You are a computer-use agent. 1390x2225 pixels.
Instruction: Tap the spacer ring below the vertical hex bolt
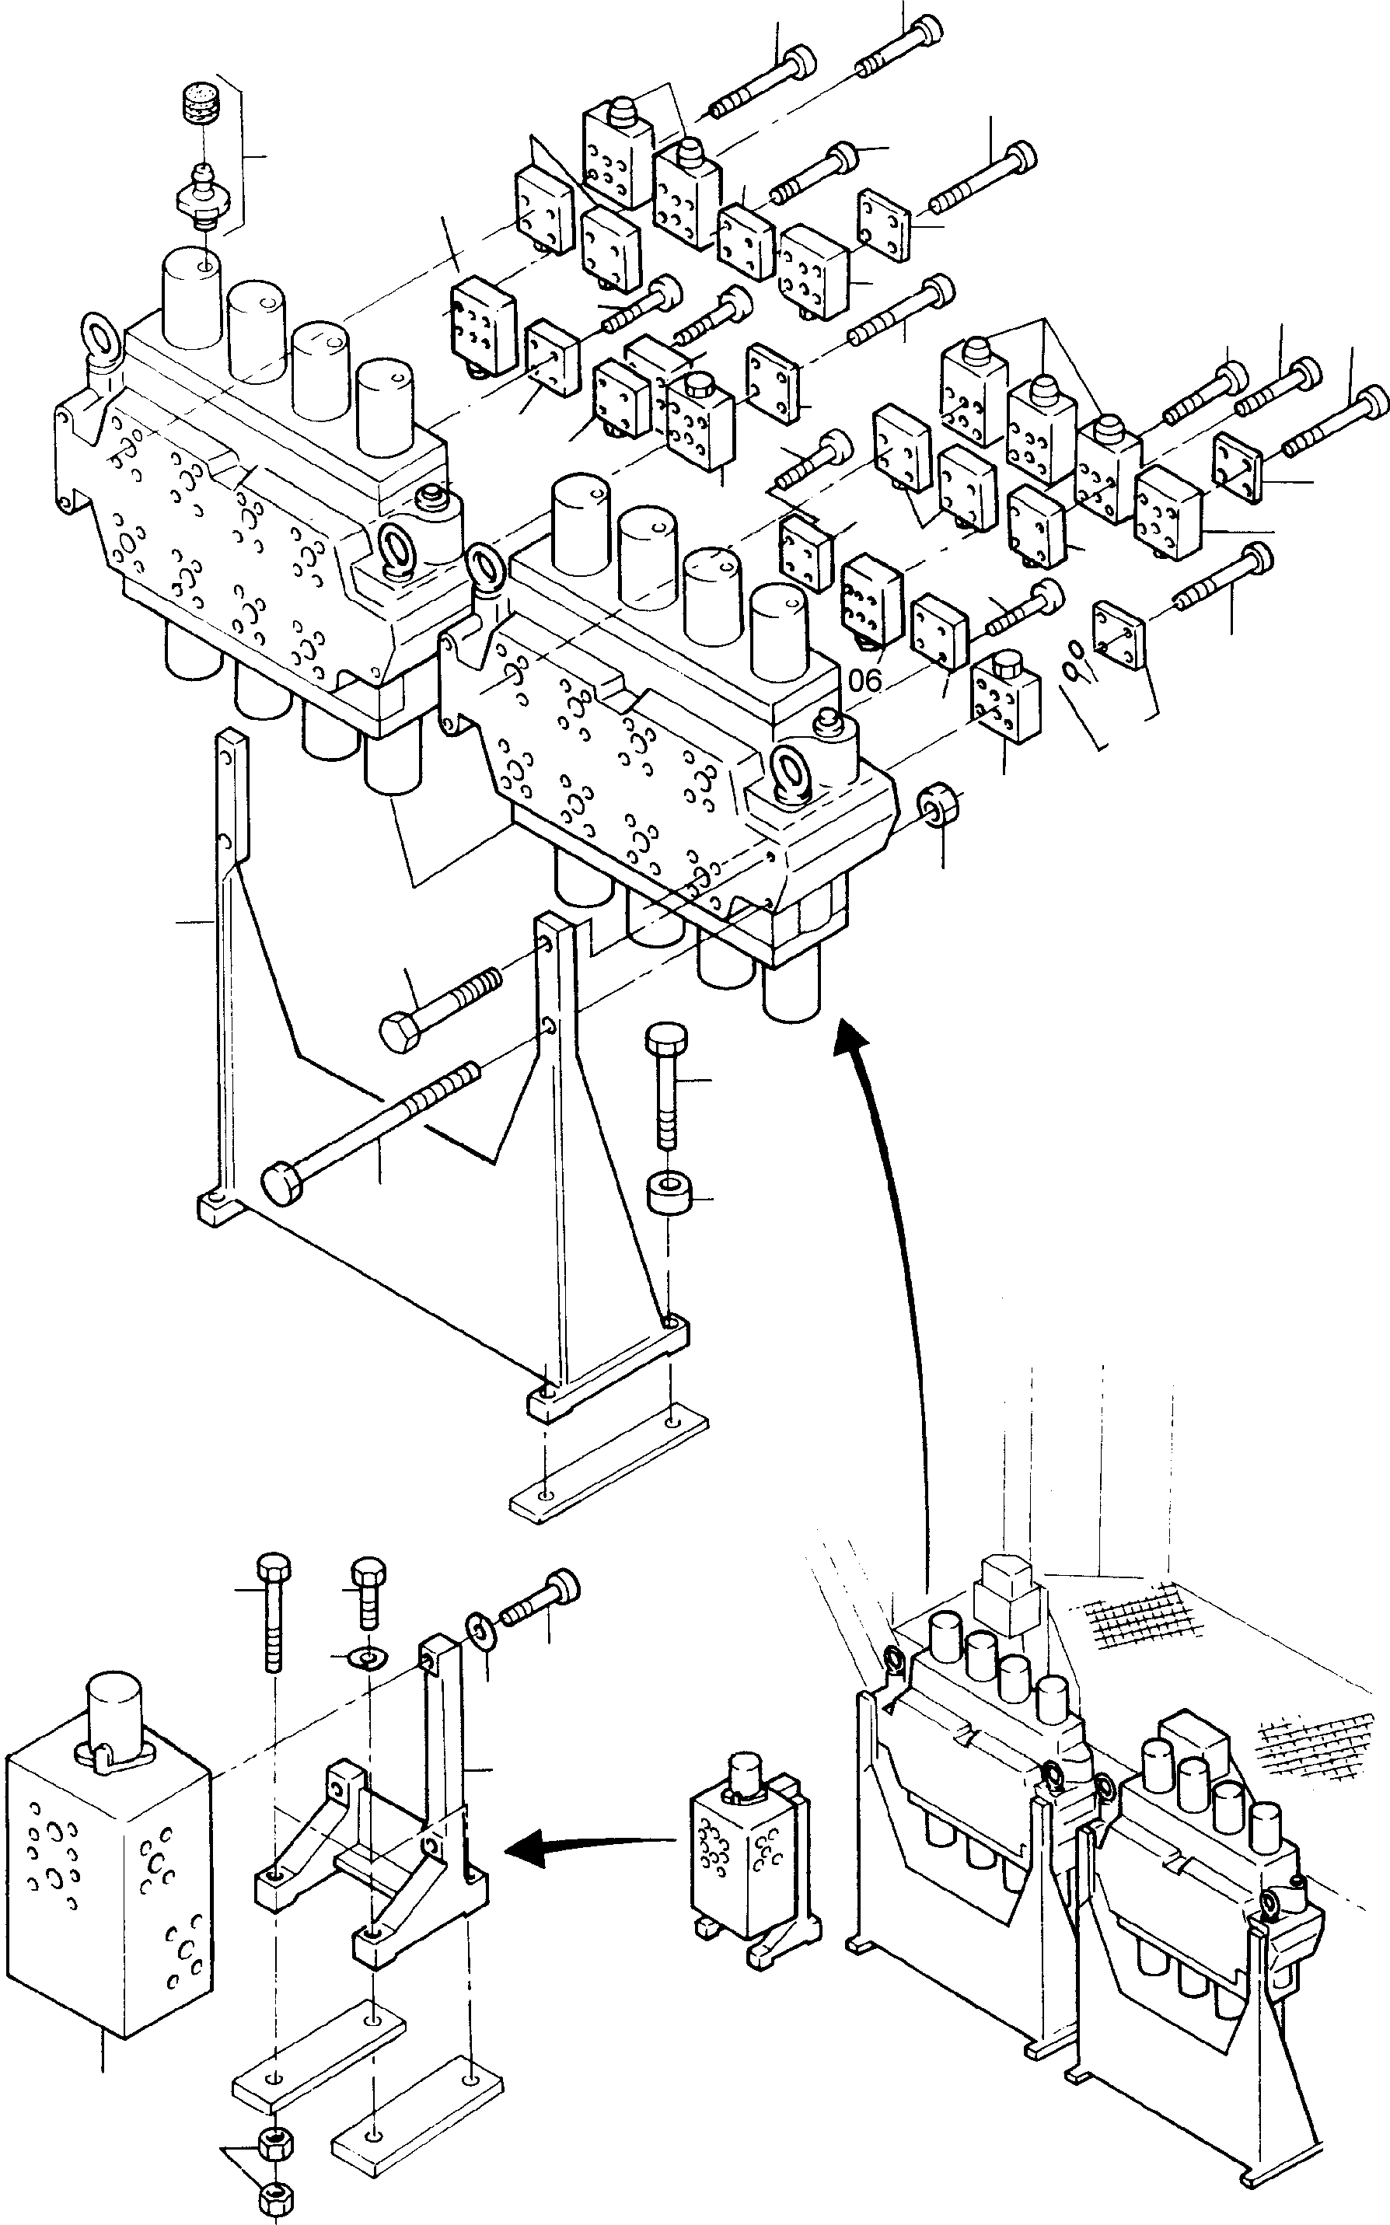click(669, 1195)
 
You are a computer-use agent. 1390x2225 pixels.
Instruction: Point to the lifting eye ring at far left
click(100, 342)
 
